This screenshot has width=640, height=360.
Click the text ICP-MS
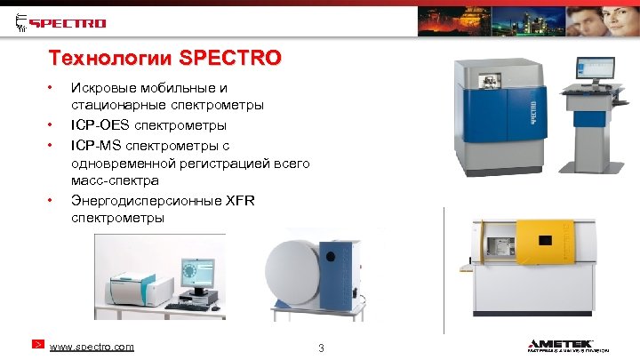99,144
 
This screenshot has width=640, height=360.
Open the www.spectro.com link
93,345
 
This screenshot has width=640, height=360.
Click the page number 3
321,347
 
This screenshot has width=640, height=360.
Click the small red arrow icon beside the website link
37,344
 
